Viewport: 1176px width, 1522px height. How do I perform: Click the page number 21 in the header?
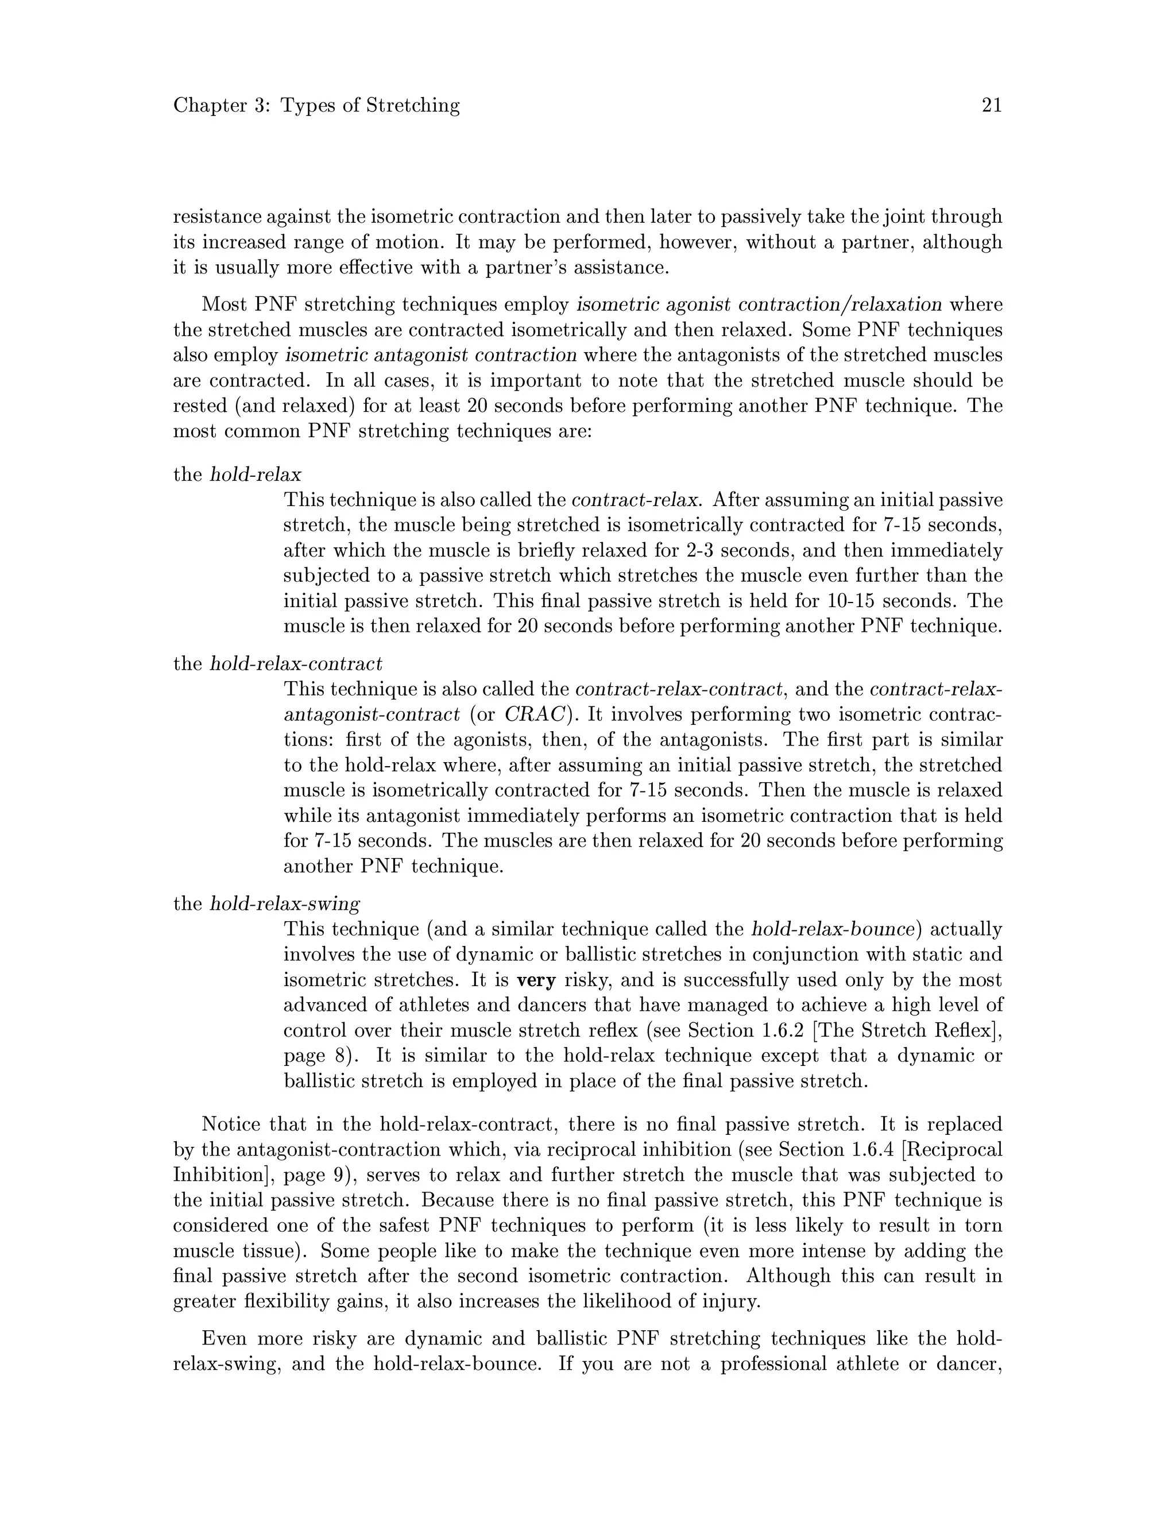tap(991, 106)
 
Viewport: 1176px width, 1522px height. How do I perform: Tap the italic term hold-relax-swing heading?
tap(285, 904)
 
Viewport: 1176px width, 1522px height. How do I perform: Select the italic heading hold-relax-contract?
tap(296, 663)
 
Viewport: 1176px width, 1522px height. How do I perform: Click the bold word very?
tap(536, 980)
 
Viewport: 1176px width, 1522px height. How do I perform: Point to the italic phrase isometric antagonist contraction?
tap(431, 356)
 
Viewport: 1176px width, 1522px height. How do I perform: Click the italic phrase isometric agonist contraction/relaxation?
tap(759, 304)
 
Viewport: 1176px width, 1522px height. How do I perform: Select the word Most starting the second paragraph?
tap(223, 304)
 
